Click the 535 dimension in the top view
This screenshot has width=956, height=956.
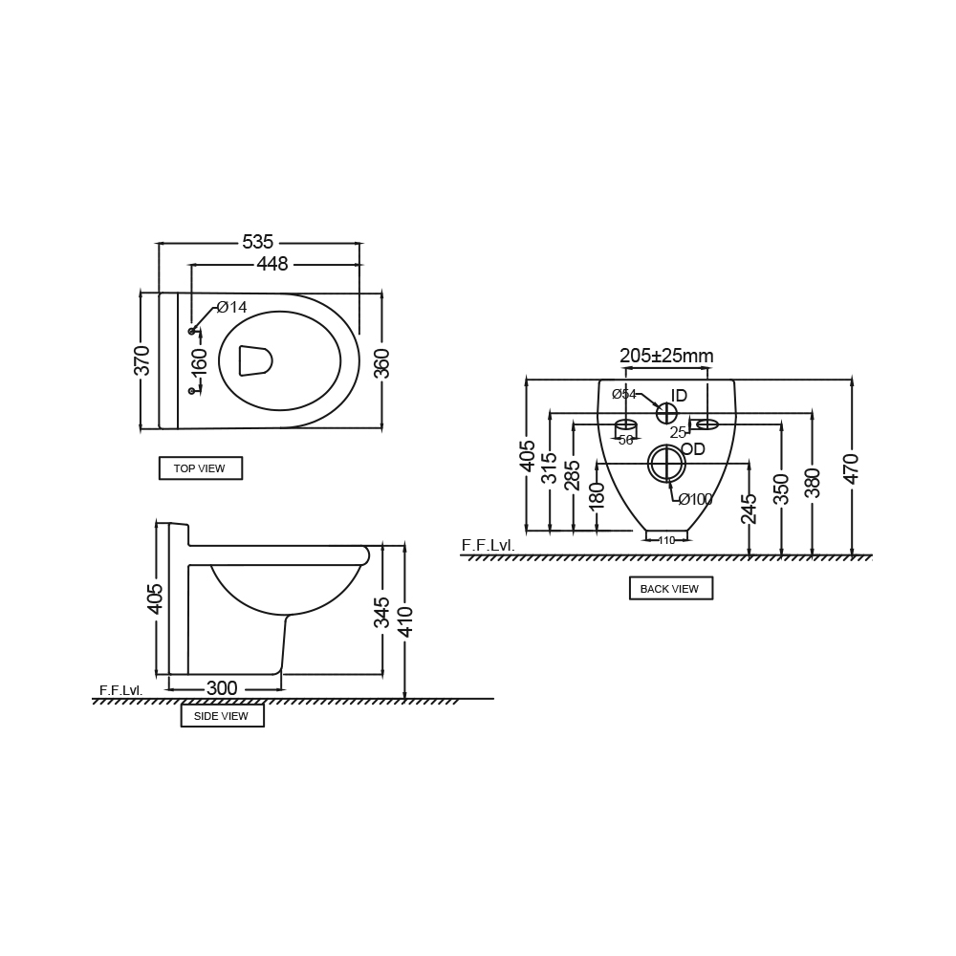coord(258,242)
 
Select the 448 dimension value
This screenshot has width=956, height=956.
coord(272,264)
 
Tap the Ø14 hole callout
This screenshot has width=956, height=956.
coord(231,307)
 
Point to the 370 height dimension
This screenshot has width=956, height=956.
coord(141,360)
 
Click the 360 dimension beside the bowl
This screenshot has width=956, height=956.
coord(381,363)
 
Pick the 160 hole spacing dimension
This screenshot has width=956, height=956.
coord(199,361)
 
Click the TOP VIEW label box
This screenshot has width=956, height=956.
coord(201,468)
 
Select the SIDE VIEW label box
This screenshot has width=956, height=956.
coord(223,716)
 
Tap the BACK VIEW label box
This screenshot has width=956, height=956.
coord(671,588)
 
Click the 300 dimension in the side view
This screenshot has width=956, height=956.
coord(222,687)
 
